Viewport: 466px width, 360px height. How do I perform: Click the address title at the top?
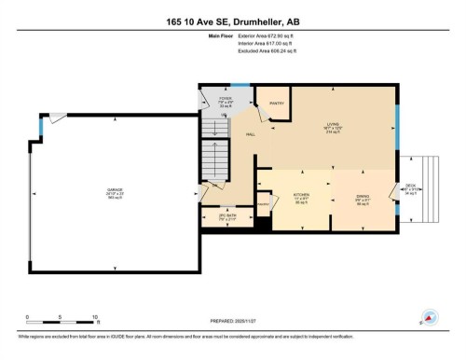tap(232, 21)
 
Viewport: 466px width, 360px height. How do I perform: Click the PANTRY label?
tap(276, 103)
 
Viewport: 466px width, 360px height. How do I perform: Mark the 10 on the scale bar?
tap(95, 318)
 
